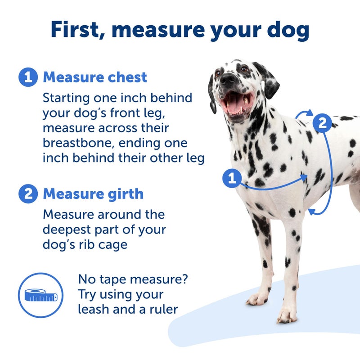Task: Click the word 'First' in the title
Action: pyautogui.click(x=76, y=30)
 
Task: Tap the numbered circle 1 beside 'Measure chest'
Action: pyautogui.click(x=28, y=77)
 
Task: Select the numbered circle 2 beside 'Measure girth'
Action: pyautogui.click(x=28, y=194)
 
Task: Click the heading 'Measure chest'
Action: pyautogui.click(x=95, y=77)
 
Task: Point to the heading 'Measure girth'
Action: pyautogui.click(x=93, y=194)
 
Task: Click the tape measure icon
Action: pyautogui.click(x=40, y=295)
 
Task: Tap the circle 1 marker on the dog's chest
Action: pyautogui.click(x=232, y=179)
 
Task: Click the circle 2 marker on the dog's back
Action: pyautogui.click(x=322, y=122)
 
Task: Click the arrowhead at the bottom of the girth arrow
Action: pyautogui.click(x=311, y=211)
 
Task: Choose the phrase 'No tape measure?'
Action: pyautogui.click(x=133, y=279)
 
